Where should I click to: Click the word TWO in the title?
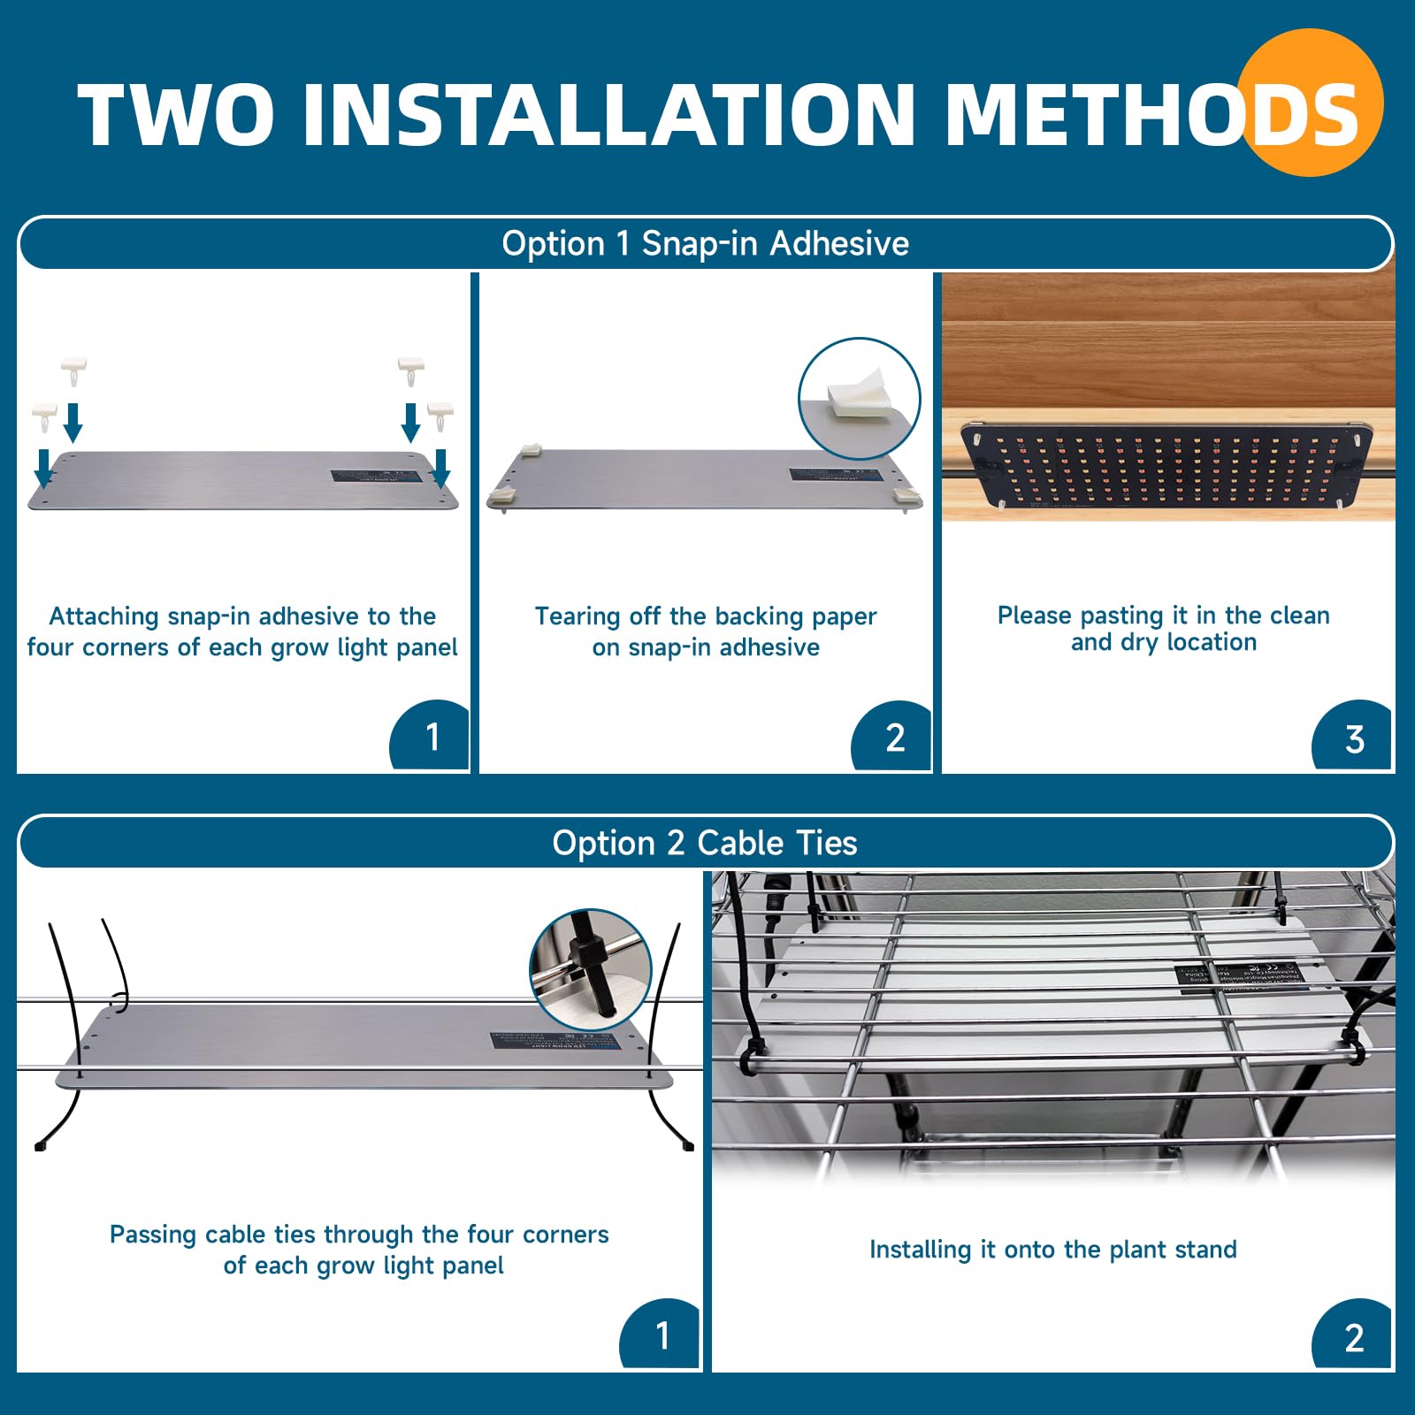click(x=175, y=115)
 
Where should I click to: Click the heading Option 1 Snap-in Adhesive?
click(x=705, y=243)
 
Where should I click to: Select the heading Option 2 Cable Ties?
click(x=705, y=843)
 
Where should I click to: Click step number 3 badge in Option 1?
click(x=1353, y=738)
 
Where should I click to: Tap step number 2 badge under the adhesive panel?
click(x=894, y=738)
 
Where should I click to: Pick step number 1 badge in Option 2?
click(x=662, y=1335)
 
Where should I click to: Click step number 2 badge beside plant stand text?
click(x=1353, y=1337)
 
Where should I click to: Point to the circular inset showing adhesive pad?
click(x=859, y=398)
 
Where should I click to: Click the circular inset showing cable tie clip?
click(x=590, y=969)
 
